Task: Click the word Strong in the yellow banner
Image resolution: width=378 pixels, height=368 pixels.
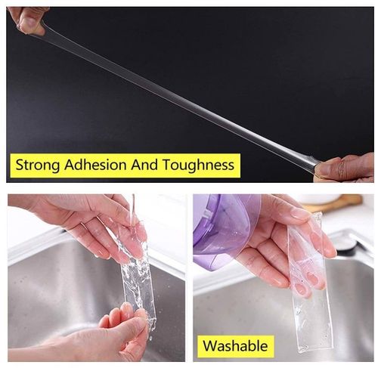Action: (37, 165)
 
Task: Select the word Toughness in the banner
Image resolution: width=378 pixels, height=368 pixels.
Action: (198, 165)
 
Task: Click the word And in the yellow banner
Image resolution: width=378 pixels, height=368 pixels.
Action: (144, 165)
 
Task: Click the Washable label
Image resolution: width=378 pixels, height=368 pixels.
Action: (235, 345)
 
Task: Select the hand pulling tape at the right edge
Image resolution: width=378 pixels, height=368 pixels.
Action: (346, 168)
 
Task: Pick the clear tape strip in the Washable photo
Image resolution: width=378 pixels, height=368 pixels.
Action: (310, 285)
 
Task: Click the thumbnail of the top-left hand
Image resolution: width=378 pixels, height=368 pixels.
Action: (27, 23)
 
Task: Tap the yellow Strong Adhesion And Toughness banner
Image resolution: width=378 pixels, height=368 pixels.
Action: (125, 165)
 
